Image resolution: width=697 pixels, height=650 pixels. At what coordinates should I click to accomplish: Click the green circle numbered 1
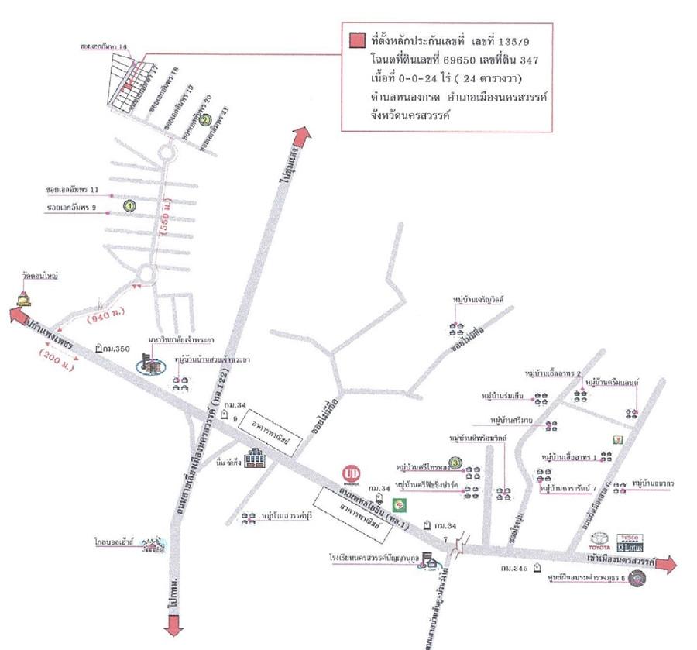(x=129, y=206)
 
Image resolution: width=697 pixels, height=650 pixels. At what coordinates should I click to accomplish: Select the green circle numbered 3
(x=456, y=463)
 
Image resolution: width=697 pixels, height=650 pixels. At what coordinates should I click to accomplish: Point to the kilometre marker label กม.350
(x=115, y=349)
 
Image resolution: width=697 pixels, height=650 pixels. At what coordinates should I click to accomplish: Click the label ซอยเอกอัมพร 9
(x=72, y=208)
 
